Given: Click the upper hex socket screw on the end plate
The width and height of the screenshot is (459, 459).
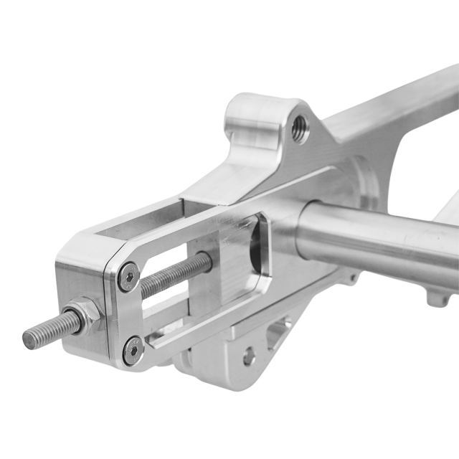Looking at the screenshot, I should coord(129,276).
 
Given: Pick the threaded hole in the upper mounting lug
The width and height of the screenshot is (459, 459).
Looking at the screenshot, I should coord(301,129).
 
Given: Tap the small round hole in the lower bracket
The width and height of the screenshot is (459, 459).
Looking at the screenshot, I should coord(248,355).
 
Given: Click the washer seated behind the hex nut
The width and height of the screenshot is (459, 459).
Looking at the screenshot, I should coord(97,314).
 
